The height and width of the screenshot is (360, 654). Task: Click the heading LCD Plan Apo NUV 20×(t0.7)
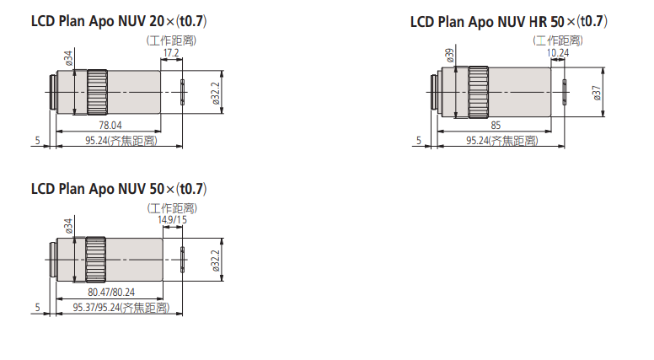119,21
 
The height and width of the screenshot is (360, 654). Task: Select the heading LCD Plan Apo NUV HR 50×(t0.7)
509,21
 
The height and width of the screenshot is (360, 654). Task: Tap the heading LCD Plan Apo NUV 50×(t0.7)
119,189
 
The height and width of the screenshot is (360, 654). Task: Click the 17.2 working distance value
171,53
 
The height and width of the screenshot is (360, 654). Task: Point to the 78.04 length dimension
110,125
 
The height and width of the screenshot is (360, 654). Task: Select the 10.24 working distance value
558,53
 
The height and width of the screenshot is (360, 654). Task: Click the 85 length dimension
496,125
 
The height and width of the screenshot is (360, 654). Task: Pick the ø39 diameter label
450,56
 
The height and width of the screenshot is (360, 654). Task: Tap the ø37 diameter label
597,93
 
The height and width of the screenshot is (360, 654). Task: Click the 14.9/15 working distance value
172,220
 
